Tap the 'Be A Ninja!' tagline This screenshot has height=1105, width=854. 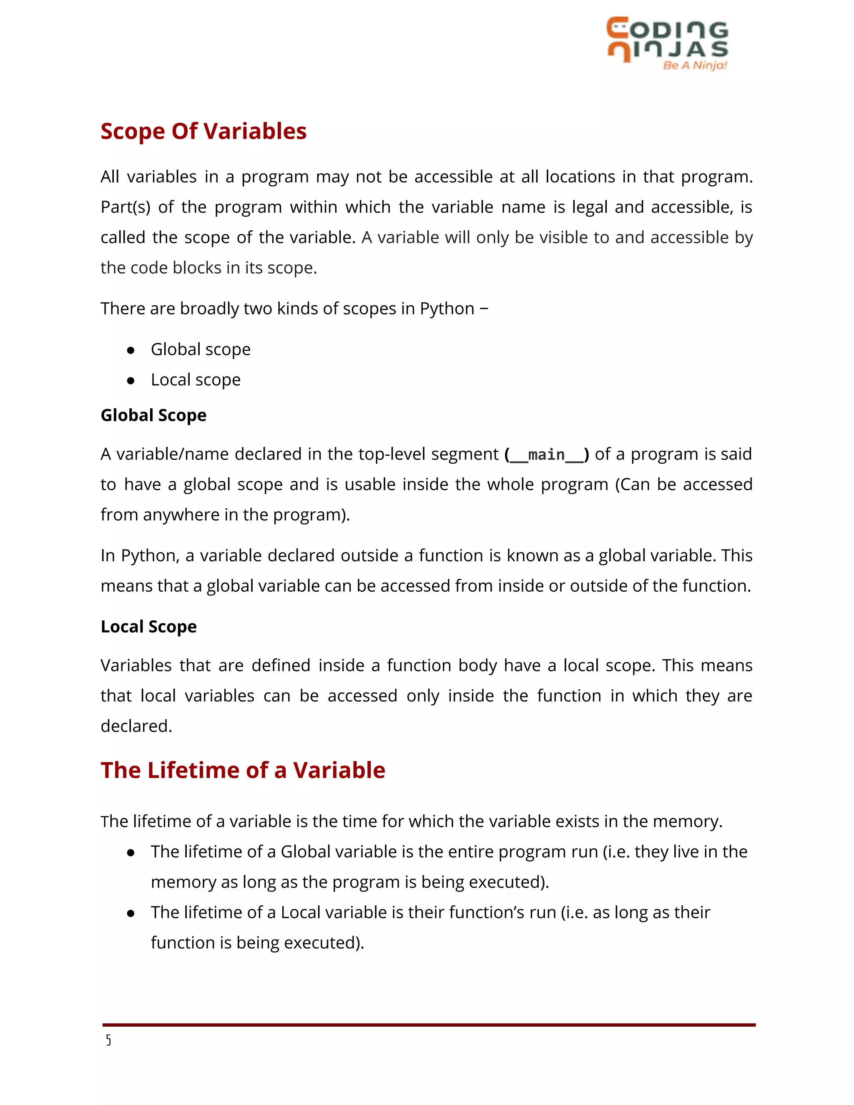tap(695, 65)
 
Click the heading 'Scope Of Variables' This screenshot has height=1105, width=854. tap(203, 131)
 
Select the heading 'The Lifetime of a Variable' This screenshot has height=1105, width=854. tap(243, 770)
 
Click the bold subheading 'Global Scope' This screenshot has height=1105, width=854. tap(153, 415)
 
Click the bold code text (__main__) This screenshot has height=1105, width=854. tap(546, 455)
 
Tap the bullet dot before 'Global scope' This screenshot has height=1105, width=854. tap(131, 350)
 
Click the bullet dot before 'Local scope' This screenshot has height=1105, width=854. tap(131, 380)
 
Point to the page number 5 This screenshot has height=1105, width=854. tap(108, 1040)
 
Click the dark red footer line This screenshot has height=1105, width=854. tap(429, 1025)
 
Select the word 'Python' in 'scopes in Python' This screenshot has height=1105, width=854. tap(447, 309)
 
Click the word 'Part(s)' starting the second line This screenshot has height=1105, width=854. tap(126, 207)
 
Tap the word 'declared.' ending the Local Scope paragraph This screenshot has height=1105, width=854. tap(136, 726)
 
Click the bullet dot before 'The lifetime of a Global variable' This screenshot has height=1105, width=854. tap(131, 853)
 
